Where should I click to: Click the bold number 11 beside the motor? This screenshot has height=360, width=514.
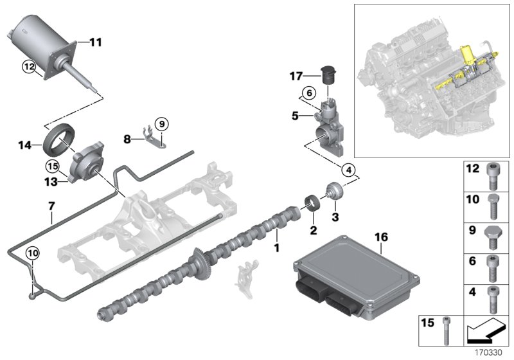pos(95,43)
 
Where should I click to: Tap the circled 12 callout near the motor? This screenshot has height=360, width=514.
pos(28,66)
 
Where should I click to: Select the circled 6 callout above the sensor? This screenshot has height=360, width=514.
pos(308,93)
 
